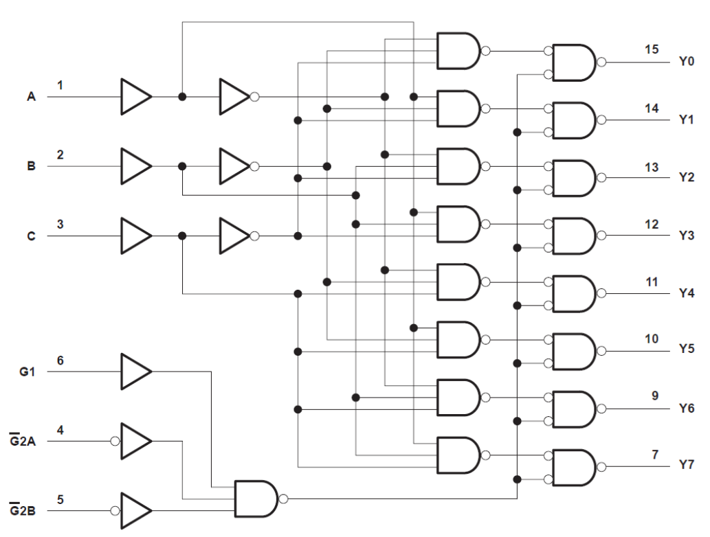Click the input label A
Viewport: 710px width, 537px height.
pyautogui.click(x=31, y=97)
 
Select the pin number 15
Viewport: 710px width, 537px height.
pyautogui.click(x=652, y=49)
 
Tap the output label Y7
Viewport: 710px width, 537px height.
pyautogui.click(x=686, y=466)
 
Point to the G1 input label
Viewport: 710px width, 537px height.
pyautogui.click(x=27, y=372)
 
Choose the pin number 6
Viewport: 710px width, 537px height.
pyautogui.click(x=60, y=360)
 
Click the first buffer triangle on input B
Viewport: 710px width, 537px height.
pyautogui.click(x=135, y=166)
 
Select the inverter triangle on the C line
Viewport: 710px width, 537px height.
pyautogui.click(x=234, y=236)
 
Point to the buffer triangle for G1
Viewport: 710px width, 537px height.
pyautogui.click(x=135, y=372)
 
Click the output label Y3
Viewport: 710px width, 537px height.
pyautogui.click(x=686, y=236)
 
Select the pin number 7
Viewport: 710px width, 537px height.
pyautogui.click(x=655, y=454)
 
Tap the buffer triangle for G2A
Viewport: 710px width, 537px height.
pyautogui.click(x=135, y=441)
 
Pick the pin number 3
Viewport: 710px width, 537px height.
pyautogui.click(x=60, y=224)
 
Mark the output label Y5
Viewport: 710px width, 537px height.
pyautogui.click(x=686, y=351)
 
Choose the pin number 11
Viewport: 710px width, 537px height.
pyautogui.click(x=652, y=282)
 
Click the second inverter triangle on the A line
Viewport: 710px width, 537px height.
pyautogui.click(x=234, y=97)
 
